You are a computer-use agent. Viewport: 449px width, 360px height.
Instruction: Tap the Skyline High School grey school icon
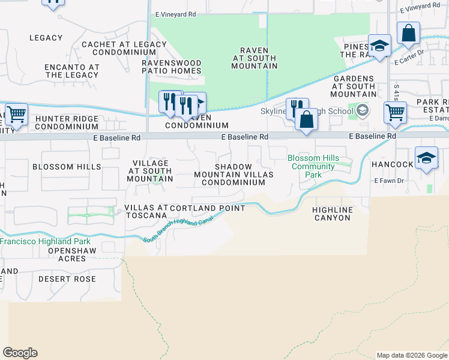(x=363, y=110)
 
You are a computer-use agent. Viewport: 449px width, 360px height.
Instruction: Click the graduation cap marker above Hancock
(x=426, y=158)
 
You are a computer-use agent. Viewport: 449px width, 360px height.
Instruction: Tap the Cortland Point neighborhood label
(x=208, y=208)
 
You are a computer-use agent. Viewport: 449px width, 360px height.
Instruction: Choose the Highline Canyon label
(x=331, y=214)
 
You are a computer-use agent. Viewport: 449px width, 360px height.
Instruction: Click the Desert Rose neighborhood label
(x=67, y=279)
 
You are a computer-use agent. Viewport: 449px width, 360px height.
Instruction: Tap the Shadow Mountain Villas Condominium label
(x=234, y=175)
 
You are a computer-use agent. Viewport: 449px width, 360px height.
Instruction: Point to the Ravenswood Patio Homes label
(x=172, y=67)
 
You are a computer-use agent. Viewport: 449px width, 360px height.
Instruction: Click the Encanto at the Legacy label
(x=72, y=71)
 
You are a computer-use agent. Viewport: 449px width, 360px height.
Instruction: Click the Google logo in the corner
(x=20, y=353)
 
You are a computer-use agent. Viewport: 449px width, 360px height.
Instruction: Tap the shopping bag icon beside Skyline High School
(x=306, y=119)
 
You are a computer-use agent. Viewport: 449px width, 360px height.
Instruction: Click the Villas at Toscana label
(x=145, y=211)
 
